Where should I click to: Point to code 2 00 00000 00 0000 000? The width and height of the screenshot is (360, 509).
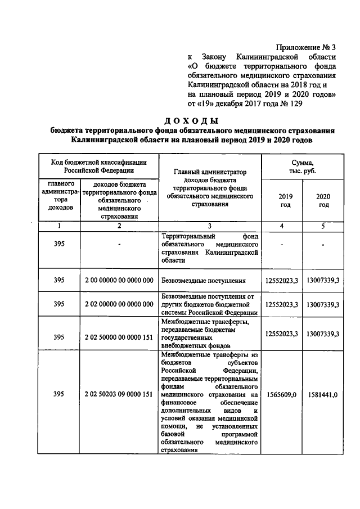click(119, 280)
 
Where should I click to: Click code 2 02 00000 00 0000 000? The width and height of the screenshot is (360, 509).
click(119, 304)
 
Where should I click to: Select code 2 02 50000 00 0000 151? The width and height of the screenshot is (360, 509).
click(119, 334)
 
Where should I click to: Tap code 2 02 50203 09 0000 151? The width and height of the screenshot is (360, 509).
click(119, 394)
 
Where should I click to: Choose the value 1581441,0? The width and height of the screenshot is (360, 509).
click(323, 394)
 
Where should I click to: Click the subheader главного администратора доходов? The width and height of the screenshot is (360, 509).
click(58, 196)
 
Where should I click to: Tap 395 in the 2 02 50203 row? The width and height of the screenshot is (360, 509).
click(58, 394)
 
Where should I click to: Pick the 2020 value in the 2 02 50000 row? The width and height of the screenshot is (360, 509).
click(323, 334)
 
